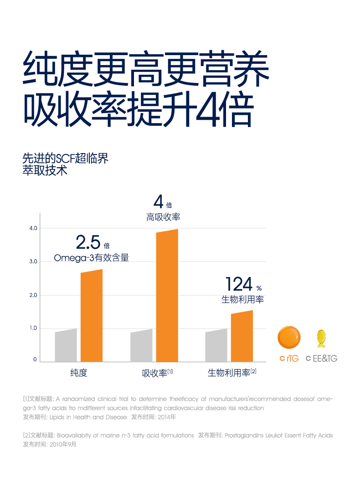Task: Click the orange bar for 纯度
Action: coord(92,316)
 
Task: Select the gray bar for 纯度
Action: coord(66,345)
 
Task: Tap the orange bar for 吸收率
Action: coord(167,296)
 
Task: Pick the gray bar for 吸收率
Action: coord(141,345)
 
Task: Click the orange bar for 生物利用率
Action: coord(242,336)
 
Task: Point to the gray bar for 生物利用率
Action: coord(216,345)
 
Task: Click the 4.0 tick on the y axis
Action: coord(32,228)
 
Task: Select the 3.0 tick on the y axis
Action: coord(32,262)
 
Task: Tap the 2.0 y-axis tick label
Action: coord(32,295)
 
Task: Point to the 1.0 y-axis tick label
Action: coord(32,328)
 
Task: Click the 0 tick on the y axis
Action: coord(35,360)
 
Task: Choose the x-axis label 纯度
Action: coord(78,373)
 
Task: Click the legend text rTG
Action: coord(293,359)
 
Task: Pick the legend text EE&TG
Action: coord(325,359)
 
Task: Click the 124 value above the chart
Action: coord(239,285)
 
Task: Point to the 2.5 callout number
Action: coord(88,242)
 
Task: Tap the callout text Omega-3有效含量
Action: coord(91,258)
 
